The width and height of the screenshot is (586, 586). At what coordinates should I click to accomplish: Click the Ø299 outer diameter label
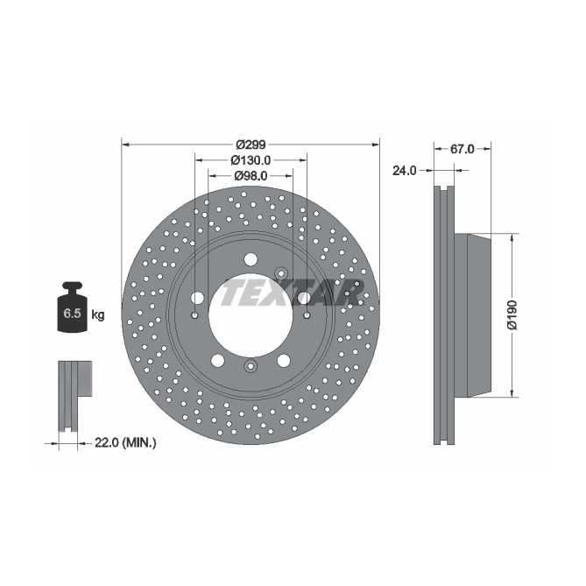tap(251, 145)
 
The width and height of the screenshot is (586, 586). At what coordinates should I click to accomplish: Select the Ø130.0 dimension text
tap(251, 160)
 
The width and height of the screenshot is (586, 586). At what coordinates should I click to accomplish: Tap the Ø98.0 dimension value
tap(251, 175)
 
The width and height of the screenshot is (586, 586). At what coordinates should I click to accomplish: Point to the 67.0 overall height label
tap(462, 149)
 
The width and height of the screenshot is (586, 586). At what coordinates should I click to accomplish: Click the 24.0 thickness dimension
tap(403, 171)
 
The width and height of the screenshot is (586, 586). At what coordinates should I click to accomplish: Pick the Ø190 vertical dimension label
tap(514, 315)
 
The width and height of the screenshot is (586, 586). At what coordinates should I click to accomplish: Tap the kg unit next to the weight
tap(98, 314)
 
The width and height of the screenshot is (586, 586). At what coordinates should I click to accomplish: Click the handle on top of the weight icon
tap(72, 286)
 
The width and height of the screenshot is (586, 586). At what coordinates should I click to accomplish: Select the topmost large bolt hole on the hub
tap(251, 258)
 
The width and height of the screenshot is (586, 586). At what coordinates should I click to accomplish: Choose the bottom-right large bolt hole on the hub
tap(284, 360)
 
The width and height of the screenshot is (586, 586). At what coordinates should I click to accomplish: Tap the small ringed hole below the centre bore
tap(251, 366)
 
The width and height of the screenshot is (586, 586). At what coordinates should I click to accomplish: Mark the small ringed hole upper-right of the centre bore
tap(281, 272)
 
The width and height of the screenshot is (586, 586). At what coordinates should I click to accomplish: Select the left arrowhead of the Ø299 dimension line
tap(124, 145)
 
